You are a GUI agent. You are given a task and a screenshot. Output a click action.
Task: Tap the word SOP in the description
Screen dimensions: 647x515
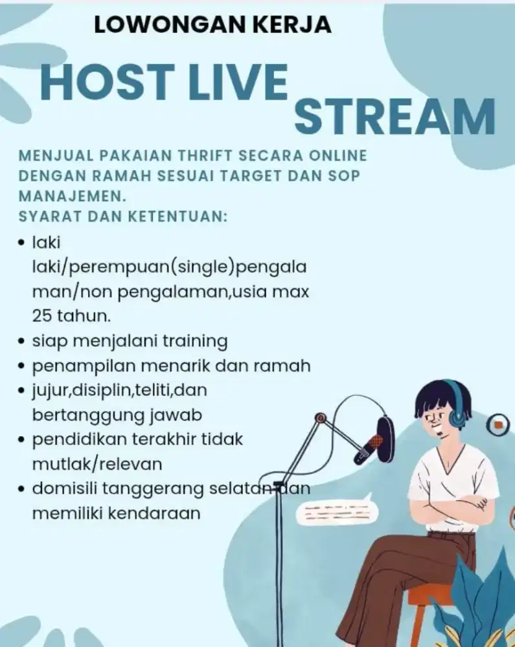345,176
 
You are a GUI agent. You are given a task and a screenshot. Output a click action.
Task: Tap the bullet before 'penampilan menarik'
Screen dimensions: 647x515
21,366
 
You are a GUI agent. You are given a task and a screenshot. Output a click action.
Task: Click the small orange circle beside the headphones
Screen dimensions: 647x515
499,424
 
